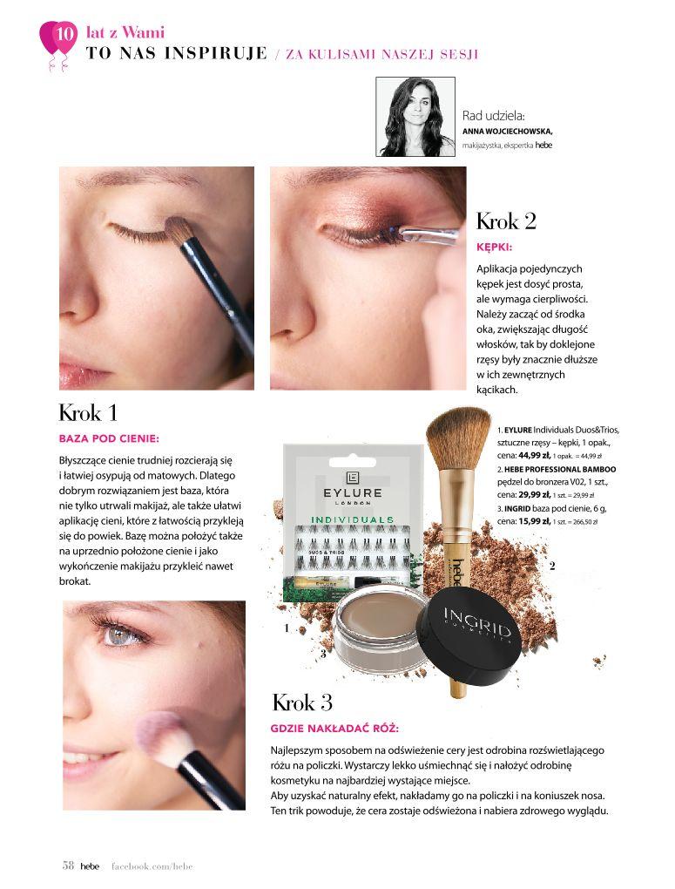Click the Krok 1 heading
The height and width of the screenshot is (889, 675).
88,413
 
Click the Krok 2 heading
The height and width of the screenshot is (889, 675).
506,221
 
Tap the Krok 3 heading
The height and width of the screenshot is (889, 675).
302,702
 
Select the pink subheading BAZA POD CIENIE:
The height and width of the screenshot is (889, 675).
109,438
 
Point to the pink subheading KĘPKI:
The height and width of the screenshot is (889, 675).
494,248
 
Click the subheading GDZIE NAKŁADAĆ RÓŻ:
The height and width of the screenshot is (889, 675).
334,728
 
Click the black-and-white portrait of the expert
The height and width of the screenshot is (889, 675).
415,117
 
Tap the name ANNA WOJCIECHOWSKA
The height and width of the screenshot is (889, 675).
507,131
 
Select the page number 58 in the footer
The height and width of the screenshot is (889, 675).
68,865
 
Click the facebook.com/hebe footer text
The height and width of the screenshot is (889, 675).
152,866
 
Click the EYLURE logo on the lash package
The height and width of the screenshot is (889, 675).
352,488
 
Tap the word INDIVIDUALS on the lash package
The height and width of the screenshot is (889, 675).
352,519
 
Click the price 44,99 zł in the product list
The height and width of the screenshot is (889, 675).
534,455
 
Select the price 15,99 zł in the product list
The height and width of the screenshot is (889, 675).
534,521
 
